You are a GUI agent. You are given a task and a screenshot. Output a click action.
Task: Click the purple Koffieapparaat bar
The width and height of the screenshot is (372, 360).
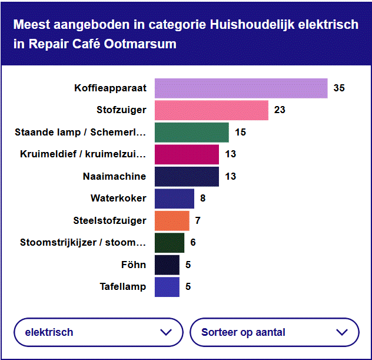coord(241,88)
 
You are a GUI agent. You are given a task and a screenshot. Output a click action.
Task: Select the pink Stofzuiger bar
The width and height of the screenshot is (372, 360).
coord(211,110)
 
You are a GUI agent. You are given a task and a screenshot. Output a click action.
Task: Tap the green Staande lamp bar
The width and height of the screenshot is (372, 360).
coord(191,133)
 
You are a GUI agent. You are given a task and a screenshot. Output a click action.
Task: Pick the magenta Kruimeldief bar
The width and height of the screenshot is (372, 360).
coord(187,154)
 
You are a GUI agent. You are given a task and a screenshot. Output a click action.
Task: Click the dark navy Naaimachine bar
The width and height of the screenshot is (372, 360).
coord(187,177)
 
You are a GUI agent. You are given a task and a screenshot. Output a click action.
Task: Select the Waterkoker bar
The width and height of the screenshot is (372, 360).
coord(174,199)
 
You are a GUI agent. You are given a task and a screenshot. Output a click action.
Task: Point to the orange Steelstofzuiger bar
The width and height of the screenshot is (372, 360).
coord(172,220)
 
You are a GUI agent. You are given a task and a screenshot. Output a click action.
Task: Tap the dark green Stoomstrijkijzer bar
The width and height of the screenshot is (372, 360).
coord(170,243)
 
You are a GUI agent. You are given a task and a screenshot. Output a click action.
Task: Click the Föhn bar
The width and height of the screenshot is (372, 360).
coord(167,265)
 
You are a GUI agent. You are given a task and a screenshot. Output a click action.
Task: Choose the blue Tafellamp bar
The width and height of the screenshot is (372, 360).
coord(167,287)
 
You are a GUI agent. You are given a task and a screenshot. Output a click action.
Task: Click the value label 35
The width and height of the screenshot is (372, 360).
coord(339,88)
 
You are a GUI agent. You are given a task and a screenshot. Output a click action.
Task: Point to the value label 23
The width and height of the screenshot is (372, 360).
coord(280,110)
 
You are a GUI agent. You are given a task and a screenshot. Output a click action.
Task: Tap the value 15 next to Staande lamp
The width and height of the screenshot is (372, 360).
coord(240,133)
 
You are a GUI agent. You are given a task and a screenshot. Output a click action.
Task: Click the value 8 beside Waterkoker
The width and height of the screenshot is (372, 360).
coord(203,199)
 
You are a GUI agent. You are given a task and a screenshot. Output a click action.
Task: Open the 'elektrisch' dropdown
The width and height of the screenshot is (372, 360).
coord(98,332)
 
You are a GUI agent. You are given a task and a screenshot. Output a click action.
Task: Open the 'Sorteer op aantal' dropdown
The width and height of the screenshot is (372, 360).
coord(274,332)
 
